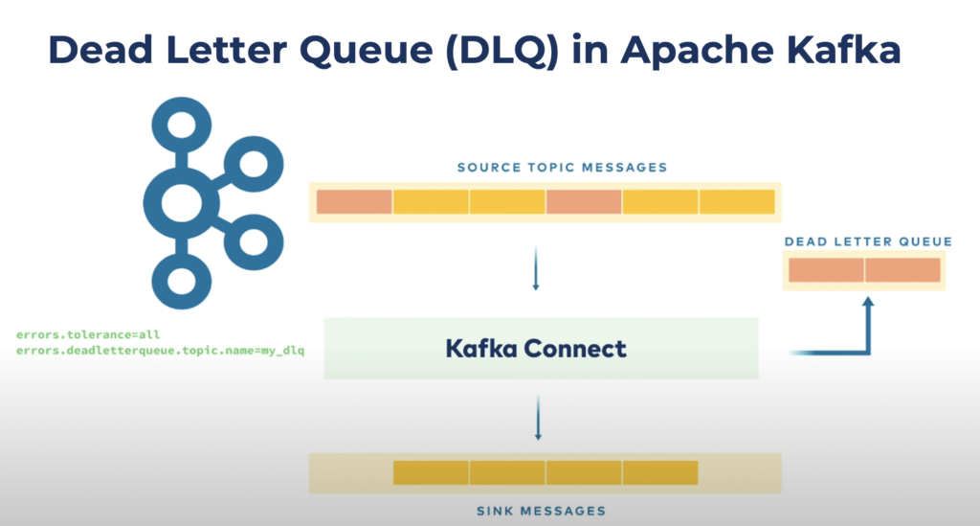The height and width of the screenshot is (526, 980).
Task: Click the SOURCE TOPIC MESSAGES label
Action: click(562, 168)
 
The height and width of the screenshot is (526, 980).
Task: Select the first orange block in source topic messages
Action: click(354, 202)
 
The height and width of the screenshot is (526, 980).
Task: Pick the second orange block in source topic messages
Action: click(584, 202)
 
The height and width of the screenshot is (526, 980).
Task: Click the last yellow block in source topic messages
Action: click(737, 202)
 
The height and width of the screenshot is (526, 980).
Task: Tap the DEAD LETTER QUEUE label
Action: click(868, 241)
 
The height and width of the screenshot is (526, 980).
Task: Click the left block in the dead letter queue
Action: click(827, 271)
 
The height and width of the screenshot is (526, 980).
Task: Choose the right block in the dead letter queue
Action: click(903, 271)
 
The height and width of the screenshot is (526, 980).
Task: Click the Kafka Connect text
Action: click(536, 348)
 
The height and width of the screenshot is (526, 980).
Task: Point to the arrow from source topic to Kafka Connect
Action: click(536, 271)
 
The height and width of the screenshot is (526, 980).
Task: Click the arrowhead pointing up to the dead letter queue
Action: click(869, 306)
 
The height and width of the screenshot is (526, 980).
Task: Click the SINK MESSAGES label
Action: click(541, 511)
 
